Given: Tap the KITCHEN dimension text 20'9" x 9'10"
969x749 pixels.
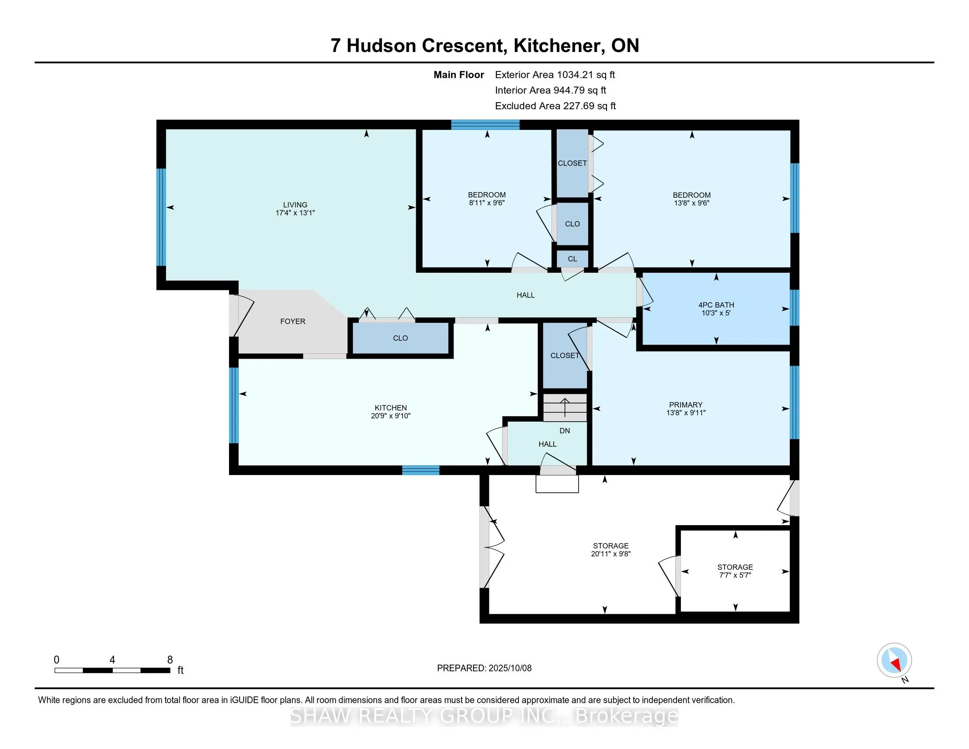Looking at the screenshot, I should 390,416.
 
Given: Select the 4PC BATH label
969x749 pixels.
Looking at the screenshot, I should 716,305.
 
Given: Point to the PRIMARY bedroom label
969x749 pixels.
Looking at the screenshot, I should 685,404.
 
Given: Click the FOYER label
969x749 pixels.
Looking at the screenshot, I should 292,321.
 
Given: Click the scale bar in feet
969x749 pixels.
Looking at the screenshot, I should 112,670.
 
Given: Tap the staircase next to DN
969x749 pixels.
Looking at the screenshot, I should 565,408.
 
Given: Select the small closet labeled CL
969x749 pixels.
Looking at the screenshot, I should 572,259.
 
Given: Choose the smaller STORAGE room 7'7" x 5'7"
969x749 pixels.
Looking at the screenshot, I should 735,571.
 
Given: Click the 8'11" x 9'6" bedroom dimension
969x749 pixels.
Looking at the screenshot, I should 487,203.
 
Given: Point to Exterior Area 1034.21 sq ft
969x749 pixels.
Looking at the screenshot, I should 555,74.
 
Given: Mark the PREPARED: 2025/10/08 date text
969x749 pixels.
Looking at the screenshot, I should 484,668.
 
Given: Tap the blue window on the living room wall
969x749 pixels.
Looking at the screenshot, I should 162,217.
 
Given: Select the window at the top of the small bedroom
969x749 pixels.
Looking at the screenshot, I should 485,125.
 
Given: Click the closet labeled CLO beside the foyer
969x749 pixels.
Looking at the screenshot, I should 400,338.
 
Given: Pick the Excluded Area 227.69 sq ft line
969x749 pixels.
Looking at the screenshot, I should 555,106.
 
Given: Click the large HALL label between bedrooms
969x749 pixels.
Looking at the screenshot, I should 525,295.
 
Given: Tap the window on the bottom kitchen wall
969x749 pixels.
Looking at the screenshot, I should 421,471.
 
